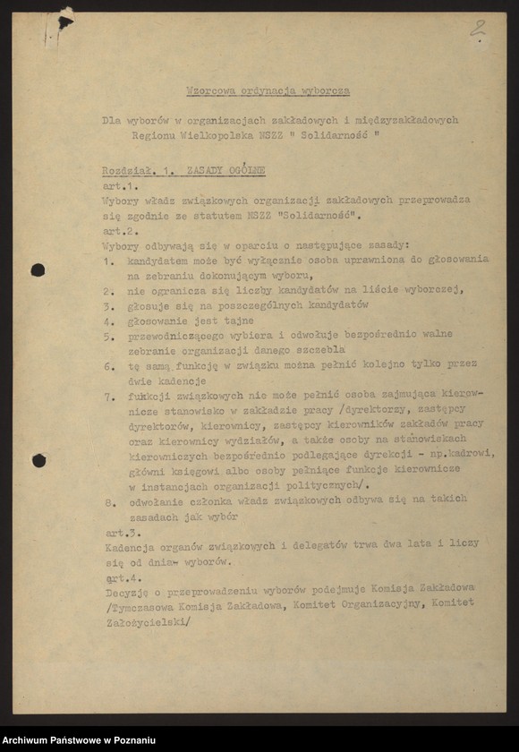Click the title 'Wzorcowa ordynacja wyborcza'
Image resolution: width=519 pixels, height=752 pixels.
click(268, 90)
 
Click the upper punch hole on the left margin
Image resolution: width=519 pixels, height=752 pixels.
click(38, 269)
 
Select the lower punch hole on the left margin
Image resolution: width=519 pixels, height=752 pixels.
click(38, 460)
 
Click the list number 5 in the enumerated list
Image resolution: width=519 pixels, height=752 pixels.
click(106, 336)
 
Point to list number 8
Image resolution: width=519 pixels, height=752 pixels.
click(106, 502)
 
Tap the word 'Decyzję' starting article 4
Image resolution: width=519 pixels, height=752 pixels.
click(125, 592)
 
